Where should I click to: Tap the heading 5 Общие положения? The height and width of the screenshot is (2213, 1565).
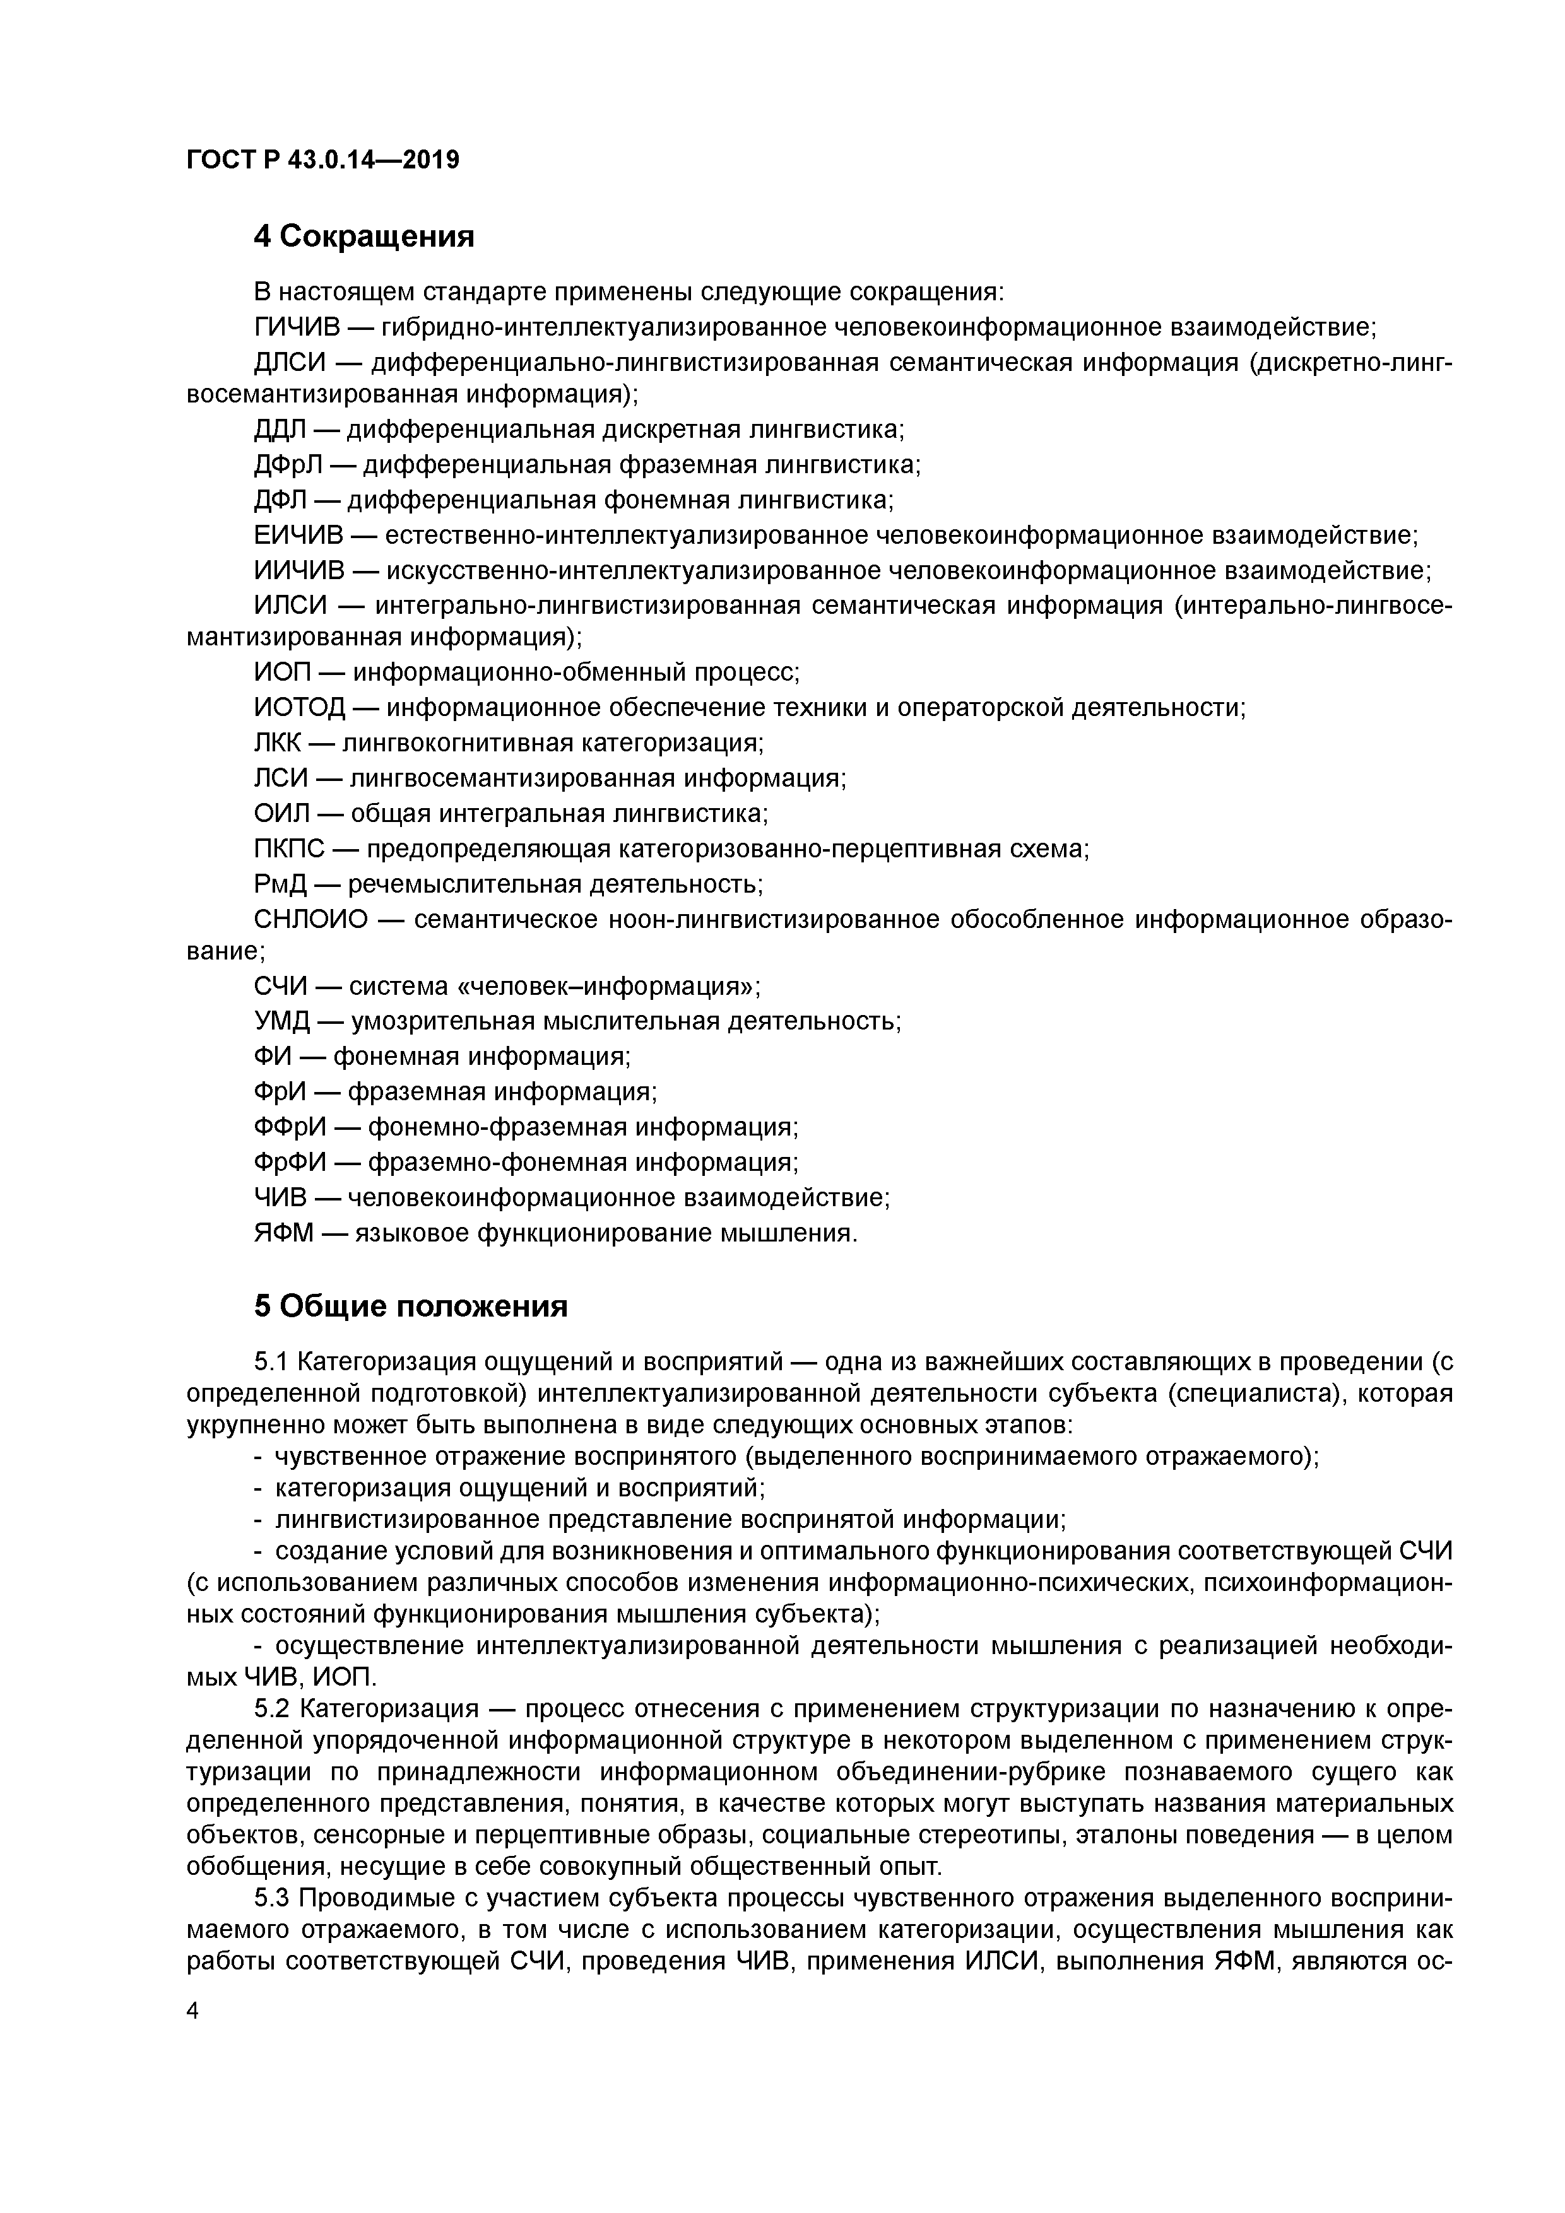[411, 1306]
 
